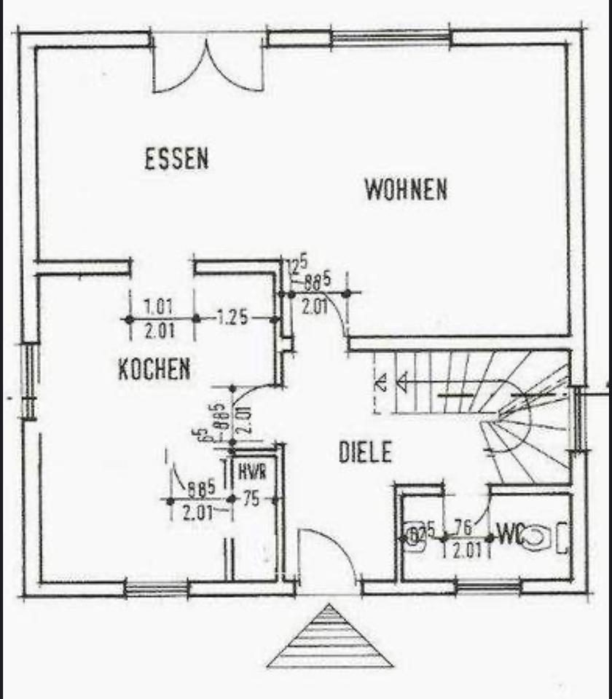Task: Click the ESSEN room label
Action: (176, 159)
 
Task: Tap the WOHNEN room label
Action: (406, 190)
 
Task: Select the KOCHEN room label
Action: (154, 369)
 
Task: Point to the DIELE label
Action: (365, 453)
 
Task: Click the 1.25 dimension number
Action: (233, 317)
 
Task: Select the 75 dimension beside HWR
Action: (252, 499)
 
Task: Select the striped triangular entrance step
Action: (330, 639)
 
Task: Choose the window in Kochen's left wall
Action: (29, 381)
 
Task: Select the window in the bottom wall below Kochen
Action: (157, 588)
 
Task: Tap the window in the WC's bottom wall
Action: (488, 586)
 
